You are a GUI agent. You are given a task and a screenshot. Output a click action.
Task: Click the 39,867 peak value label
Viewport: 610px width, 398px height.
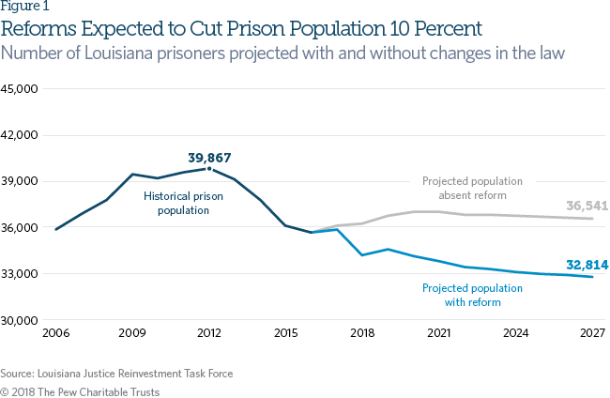(x=209, y=158)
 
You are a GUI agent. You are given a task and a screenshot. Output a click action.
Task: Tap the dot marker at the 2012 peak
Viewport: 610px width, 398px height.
(x=208, y=169)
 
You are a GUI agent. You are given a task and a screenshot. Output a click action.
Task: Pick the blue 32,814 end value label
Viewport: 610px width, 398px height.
(x=587, y=265)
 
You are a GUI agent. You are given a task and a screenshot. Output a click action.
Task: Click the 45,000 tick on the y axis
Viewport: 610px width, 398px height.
(x=19, y=89)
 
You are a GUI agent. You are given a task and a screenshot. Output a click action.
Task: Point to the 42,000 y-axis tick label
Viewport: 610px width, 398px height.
(x=19, y=135)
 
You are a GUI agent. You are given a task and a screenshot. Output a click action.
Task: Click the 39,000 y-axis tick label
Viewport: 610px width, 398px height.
(x=19, y=181)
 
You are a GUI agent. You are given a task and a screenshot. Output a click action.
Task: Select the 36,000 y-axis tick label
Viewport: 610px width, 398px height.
(x=19, y=228)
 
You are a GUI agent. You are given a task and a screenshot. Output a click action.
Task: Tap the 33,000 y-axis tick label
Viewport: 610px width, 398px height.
(x=19, y=274)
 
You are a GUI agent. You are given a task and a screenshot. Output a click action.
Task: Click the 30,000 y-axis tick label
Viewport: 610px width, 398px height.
(x=19, y=320)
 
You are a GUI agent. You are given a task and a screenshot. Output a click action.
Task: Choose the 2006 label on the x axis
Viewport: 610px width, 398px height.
(x=55, y=333)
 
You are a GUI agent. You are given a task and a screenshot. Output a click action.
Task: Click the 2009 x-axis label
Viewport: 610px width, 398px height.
(x=131, y=333)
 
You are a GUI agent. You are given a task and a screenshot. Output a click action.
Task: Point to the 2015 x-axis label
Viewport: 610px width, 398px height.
(x=284, y=333)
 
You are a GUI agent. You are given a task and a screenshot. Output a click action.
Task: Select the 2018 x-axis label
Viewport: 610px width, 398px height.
(x=361, y=333)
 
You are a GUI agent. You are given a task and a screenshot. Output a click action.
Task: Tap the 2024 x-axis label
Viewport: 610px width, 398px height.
(x=514, y=333)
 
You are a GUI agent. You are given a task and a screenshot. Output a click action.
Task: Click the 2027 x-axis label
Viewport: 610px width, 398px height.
(x=590, y=333)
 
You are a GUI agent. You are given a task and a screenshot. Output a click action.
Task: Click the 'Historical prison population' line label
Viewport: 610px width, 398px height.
(x=176, y=204)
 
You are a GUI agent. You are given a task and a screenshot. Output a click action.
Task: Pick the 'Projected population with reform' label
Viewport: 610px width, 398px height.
(x=474, y=296)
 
